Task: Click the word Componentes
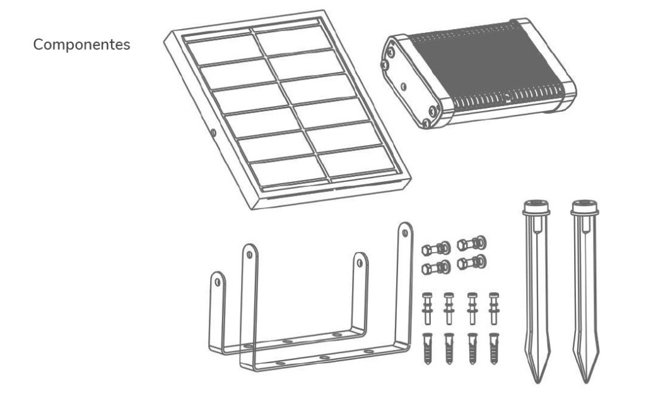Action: tap(81, 45)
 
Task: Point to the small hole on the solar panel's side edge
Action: tap(213, 133)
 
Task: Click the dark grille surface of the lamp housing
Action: tap(486, 66)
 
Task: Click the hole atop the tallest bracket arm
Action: tap(405, 232)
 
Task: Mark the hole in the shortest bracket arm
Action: tap(218, 282)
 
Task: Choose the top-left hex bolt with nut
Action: tap(436, 249)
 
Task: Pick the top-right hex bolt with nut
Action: tap(472, 243)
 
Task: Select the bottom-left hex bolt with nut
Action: tap(436, 268)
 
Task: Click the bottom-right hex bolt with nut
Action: tap(472, 262)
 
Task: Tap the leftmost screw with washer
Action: tap(427, 308)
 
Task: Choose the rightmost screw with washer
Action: tap(494, 308)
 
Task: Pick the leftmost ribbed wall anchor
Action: tap(427, 349)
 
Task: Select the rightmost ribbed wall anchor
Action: tap(494, 349)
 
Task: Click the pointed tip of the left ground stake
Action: tap(537, 382)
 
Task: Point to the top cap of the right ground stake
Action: tap(585, 208)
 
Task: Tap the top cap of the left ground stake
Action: tap(536, 208)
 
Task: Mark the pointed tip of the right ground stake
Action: tap(585, 382)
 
